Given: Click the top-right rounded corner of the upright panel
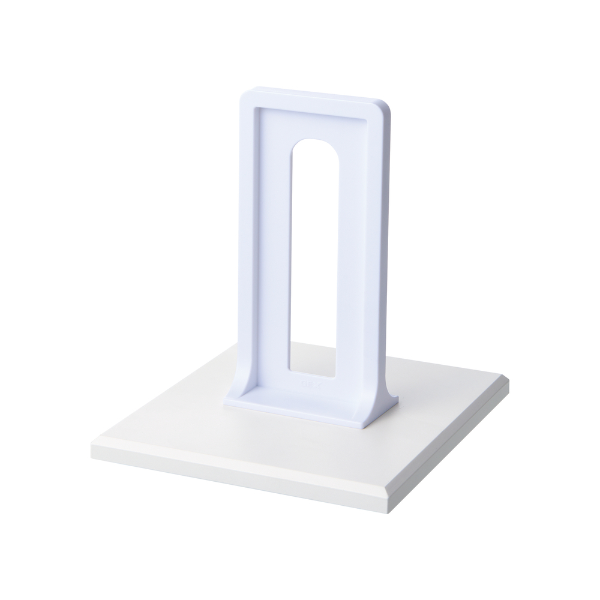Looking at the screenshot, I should pyautogui.click(x=386, y=109).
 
